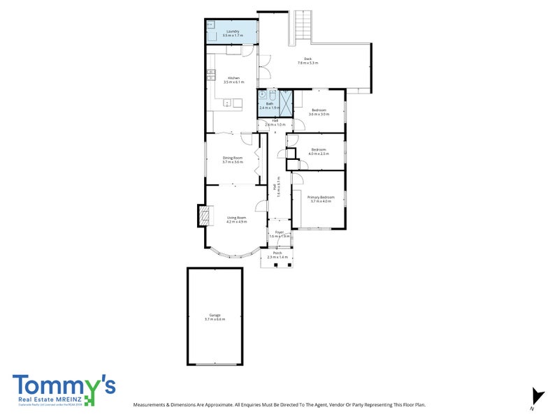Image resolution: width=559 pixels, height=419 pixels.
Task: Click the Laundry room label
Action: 231,33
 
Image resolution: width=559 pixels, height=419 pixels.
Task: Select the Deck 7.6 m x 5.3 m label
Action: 307,61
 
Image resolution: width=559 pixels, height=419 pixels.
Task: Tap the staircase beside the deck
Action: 303,27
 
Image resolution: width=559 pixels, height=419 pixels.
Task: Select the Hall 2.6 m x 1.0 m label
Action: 275,122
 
